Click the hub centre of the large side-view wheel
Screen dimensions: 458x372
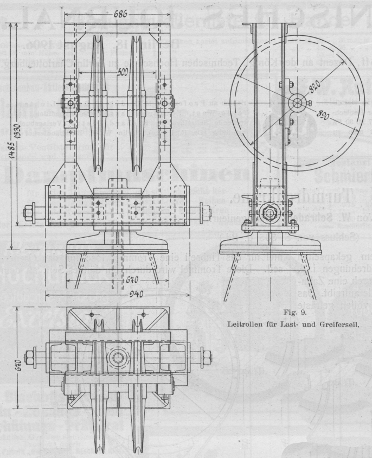(x=297, y=103)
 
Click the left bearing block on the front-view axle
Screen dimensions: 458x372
(x=69, y=101)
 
